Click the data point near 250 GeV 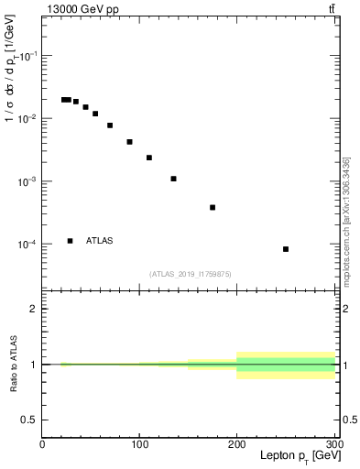tap(286, 249)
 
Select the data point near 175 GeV tap(213, 207)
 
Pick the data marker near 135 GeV tap(173, 179)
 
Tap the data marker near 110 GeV tap(149, 158)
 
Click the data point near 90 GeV tap(130, 142)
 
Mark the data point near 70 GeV tap(110, 125)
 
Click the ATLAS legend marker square tap(71, 241)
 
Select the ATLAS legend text tap(99, 241)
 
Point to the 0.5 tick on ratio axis tap(29, 420)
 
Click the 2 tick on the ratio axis tap(34, 309)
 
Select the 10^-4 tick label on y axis tap(26, 245)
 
